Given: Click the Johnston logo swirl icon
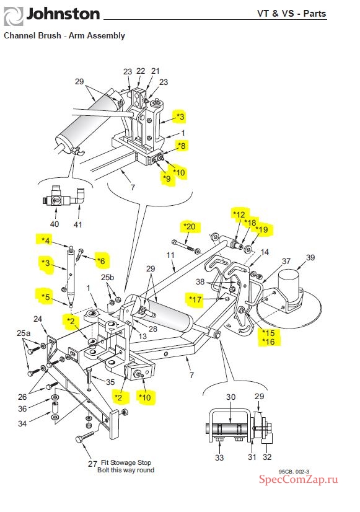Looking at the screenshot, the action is pyautogui.click(x=14, y=16).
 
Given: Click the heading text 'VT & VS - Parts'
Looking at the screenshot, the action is pyautogui.click(x=291, y=14).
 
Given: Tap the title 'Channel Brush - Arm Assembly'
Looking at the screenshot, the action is pyautogui.click(x=64, y=35).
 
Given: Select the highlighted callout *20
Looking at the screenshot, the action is pyautogui.click(x=190, y=226).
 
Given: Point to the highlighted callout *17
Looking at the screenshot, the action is pyautogui.click(x=195, y=299).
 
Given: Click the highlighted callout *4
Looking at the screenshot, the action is pyautogui.click(x=45, y=241).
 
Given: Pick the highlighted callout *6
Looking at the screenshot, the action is pyautogui.click(x=101, y=261).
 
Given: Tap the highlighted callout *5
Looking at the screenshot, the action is pyautogui.click(x=45, y=297).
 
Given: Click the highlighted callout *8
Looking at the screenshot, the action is pyautogui.click(x=182, y=145).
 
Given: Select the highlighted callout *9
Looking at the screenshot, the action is pyautogui.click(x=167, y=179).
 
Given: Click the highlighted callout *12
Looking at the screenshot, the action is pyautogui.click(x=239, y=214).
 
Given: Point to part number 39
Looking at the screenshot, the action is pyautogui.click(x=310, y=258).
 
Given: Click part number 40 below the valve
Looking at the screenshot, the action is pyautogui.click(x=55, y=224).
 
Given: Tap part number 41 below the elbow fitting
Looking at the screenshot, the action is pyautogui.click(x=77, y=224).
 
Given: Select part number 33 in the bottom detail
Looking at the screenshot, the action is pyautogui.click(x=219, y=458).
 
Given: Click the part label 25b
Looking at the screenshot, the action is pyautogui.click(x=107, y=277).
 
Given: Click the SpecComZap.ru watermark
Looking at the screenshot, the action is pyautogui.click(x=298, y=479).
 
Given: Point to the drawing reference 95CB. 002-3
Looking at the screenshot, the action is pyautogui.click(x=294, y=472).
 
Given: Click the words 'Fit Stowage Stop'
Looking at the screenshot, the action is pyautogui.click(x=126, y=462).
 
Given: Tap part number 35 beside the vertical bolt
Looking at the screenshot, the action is pyautogui.click(x=110, y=382).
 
